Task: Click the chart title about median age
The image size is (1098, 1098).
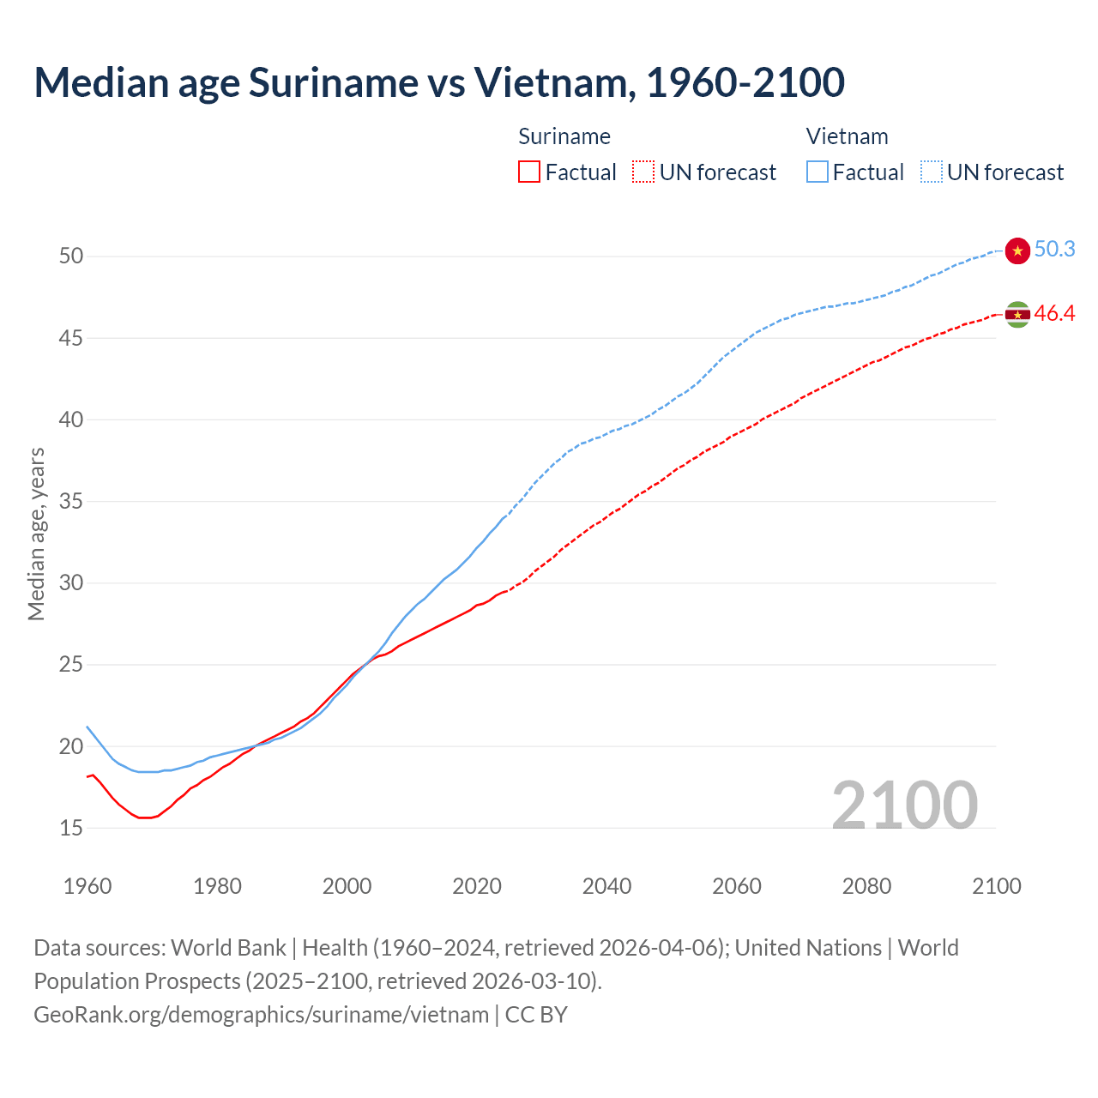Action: coord(439,82)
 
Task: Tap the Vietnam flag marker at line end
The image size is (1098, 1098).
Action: coord(1017,250)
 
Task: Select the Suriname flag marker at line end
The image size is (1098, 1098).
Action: coord(1017,315)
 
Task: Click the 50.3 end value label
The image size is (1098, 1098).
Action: coord(1054,250)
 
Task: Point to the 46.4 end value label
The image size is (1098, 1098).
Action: coord(1054,314)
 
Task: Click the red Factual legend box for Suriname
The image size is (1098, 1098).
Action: coord(529,172)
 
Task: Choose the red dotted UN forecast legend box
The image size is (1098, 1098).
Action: coord(643,172)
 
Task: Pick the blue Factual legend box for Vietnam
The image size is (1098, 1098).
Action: coord(817,172)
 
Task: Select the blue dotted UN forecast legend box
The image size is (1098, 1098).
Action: coord(932,172)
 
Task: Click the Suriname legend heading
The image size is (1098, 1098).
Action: coord(564,136)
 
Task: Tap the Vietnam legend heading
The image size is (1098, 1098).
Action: coord(847,136)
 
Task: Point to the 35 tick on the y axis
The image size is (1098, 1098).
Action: coord(71,502)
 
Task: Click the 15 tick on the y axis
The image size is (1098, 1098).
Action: coord(71,829)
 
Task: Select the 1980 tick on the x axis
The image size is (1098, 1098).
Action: coord(217,886)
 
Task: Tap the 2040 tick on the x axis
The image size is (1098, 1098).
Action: coord(606,886)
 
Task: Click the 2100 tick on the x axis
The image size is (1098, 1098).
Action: coord(997,886)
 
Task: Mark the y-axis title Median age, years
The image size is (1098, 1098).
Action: coord(36,534)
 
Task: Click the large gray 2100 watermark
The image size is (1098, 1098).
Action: coord(905,805)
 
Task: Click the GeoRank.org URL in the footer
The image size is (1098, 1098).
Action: coord(261,1015)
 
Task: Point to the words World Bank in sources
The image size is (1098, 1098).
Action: coord(228,948)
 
